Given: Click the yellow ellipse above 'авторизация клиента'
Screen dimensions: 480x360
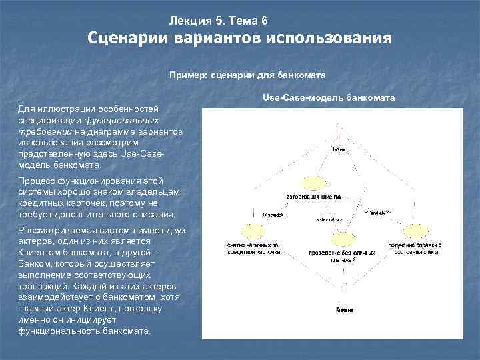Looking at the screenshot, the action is [314, 183].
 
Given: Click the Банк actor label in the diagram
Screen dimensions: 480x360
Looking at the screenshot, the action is [339, 150].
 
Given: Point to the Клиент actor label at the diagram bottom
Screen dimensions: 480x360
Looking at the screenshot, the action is [344, 311].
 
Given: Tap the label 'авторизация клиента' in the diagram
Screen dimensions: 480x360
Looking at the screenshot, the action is [314, 197].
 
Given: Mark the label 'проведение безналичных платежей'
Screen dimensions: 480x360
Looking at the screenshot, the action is [341, 257].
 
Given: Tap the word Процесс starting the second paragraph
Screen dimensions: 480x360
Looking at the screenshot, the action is [37, 182].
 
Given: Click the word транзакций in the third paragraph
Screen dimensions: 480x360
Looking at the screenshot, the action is [41, 283].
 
